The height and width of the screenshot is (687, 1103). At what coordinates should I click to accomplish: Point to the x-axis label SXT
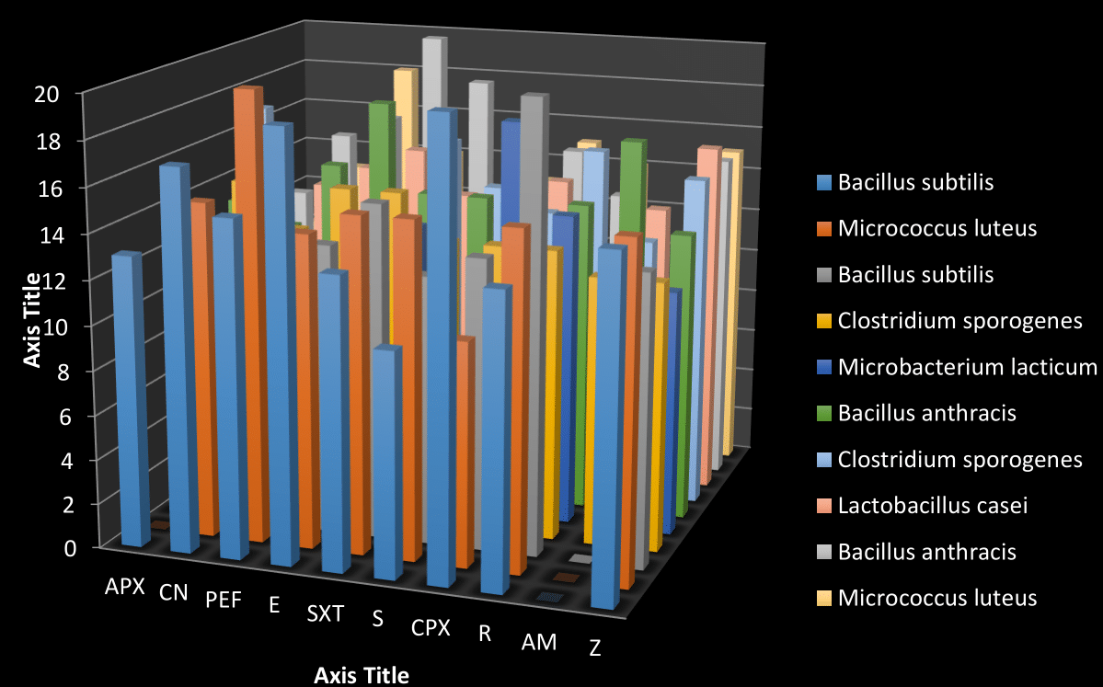325,613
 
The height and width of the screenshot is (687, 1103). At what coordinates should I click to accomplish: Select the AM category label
539,641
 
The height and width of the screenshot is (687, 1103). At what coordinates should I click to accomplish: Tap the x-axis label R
485,632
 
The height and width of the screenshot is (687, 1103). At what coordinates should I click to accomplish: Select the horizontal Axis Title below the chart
362,675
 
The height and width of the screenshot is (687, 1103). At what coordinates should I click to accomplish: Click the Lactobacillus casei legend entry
931,505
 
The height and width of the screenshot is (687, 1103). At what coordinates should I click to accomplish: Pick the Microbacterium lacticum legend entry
967,367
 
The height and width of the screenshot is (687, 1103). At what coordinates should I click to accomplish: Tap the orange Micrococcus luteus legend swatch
822,228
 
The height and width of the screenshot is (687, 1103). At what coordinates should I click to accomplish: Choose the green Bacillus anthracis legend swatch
822,413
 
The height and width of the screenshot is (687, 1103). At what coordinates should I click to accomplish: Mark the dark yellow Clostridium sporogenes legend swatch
822,321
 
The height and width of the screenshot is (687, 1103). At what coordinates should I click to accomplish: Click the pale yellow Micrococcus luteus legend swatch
822,598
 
